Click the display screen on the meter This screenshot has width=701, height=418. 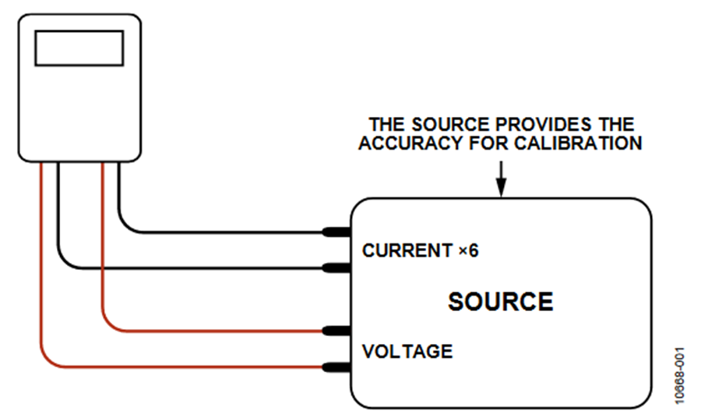(x=79, y=48)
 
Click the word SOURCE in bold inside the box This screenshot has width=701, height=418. (x=500, y=301)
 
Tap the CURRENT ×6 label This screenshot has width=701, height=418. (x=420, y=251)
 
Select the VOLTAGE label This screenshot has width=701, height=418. (x=407, y=351)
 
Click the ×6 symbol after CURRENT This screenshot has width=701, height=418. (x=467, y=251)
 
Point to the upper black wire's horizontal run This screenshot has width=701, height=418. (x=226, y=232)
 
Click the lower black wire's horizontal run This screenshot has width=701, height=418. (x=195, y=268)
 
